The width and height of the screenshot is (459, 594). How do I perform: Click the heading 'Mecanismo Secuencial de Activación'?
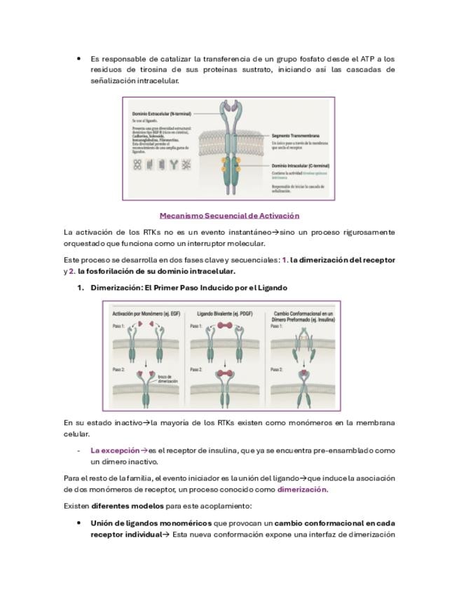[229, 216]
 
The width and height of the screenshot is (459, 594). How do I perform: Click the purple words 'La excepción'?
[115, 450]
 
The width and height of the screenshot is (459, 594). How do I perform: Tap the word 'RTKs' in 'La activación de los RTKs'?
[140, 232]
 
